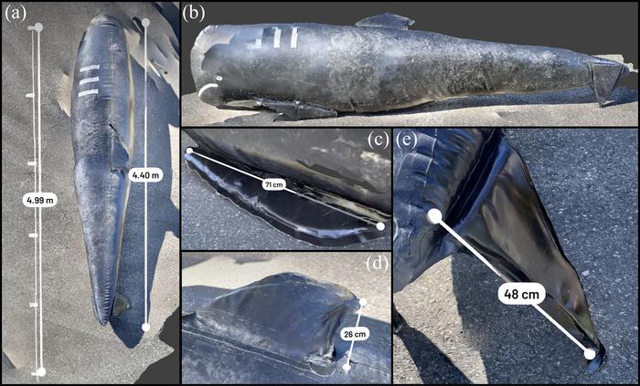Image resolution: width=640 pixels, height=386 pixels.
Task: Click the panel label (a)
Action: pos(16,14)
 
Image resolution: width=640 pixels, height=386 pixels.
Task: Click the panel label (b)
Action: pos(194,14)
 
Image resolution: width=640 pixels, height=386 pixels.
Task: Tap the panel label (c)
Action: pos(377,140)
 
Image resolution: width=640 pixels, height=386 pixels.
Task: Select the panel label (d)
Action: pos(377,264)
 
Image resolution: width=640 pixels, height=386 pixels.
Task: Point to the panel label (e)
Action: pos(406,140)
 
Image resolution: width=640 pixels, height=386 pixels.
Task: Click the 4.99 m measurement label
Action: pos(39,200)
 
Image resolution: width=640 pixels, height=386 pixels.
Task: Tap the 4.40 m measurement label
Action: pos(145,175)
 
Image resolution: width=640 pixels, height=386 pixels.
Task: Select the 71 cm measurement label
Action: pos(273,185)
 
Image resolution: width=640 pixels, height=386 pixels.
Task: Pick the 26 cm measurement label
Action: pos(354,334)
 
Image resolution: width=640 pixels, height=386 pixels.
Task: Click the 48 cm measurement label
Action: pos(520,294)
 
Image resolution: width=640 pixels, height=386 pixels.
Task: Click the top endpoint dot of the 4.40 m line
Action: pos(145,22)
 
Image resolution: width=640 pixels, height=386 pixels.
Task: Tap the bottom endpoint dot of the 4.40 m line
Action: pos(145,327)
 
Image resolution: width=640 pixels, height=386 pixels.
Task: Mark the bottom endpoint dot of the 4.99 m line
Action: pos(41,371)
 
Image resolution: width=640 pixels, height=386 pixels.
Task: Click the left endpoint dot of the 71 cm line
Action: pos(189,151)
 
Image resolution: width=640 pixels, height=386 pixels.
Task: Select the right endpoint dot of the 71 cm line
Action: pos(380,226)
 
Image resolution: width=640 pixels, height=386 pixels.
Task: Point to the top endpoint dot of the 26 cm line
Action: pos(362,302)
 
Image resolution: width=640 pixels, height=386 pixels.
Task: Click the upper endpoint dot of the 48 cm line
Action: pos(434,216)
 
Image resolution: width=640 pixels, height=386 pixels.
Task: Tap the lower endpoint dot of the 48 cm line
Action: pos(590,354)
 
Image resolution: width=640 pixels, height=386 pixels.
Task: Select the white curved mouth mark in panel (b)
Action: pos(207,89)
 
